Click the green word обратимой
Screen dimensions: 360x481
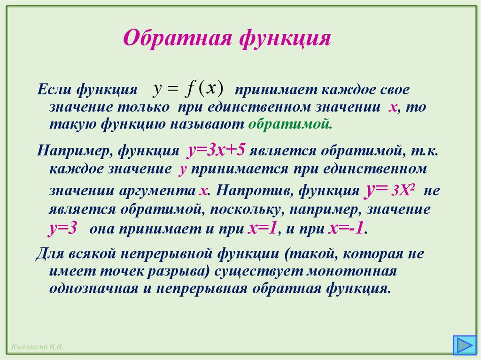coord(290,124)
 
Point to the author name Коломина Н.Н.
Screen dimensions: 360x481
coord(35,347)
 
